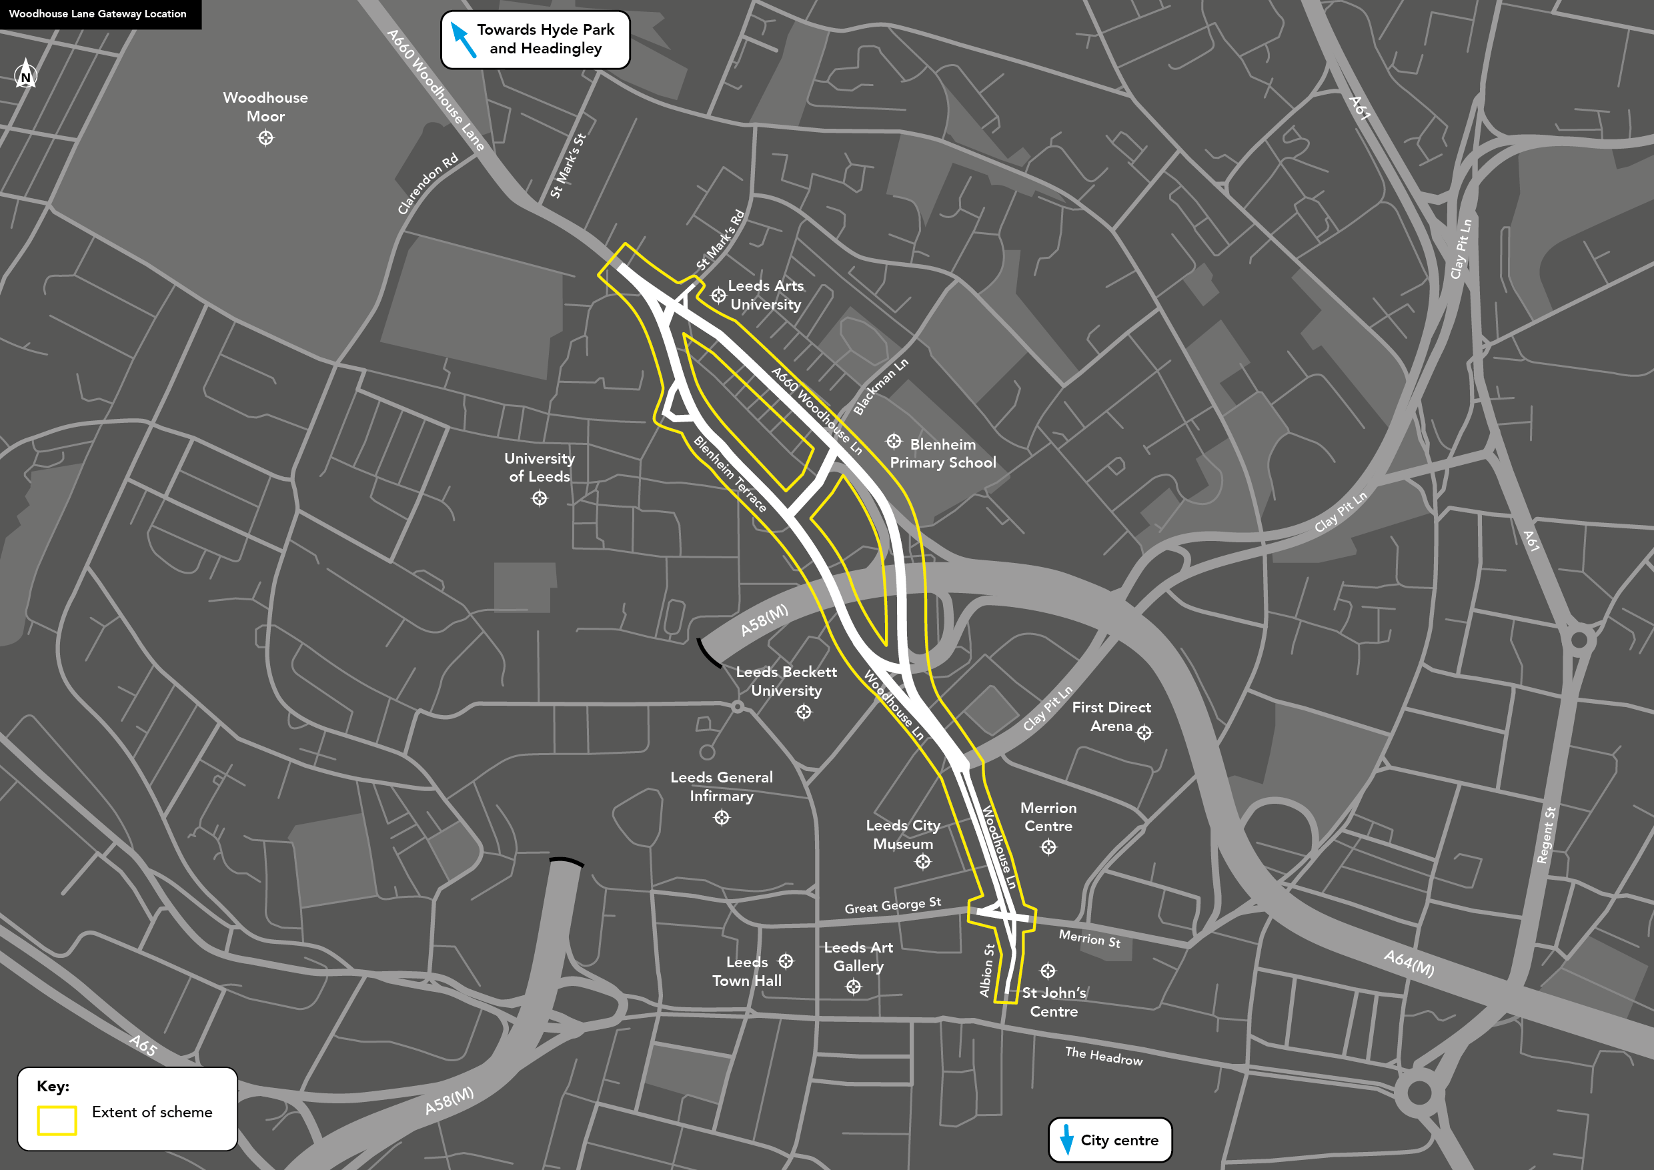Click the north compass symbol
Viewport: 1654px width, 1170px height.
[26, 75]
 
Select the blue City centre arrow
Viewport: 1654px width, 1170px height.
[1067, 1139]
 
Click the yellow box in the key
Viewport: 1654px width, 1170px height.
[57, 1120]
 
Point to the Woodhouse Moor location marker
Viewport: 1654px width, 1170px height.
[266, 137]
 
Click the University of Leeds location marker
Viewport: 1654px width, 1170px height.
[540, 498]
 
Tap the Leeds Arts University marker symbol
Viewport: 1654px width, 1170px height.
[718, 296]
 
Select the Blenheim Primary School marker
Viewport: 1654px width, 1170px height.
[894, 441]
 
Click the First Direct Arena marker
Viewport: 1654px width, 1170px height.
[1144, 732]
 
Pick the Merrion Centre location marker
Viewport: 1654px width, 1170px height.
[1049, 847]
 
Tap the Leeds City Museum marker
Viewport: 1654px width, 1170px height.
[923, 862]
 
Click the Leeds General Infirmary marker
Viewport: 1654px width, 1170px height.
[722, 818]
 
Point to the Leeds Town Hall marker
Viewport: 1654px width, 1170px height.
[786, 961]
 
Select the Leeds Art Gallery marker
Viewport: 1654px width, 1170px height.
[854, 987]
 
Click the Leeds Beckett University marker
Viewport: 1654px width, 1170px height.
[804, 712]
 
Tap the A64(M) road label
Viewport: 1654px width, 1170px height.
[1409, 963]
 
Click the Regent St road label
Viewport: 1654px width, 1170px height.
[1546, 835]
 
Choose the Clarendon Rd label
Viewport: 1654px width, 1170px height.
[428, 183]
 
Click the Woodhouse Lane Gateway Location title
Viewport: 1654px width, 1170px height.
[98, 14]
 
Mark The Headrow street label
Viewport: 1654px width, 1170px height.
[1104, 1056]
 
